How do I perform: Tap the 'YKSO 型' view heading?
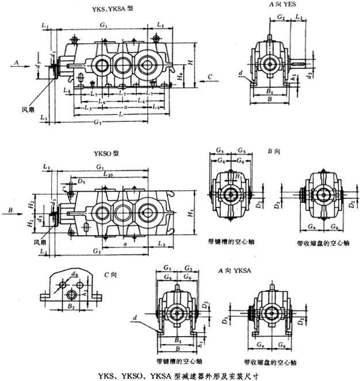pos(107,153)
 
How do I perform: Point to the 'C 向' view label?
pos(112,275)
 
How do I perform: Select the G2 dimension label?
pos(281,18)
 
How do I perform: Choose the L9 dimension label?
pos(156,107)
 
